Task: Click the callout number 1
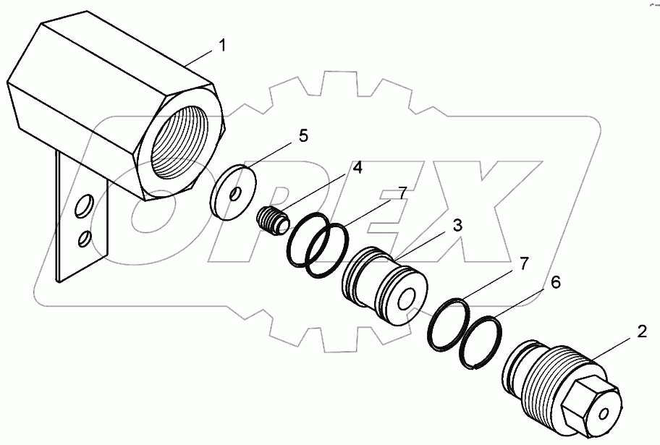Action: point(223,46)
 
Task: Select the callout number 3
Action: point(457,226)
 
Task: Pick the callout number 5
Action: point(303,135)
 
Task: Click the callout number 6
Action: point(556,282)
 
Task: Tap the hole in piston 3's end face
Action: point(407,299)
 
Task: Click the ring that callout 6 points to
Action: point(482,344)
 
